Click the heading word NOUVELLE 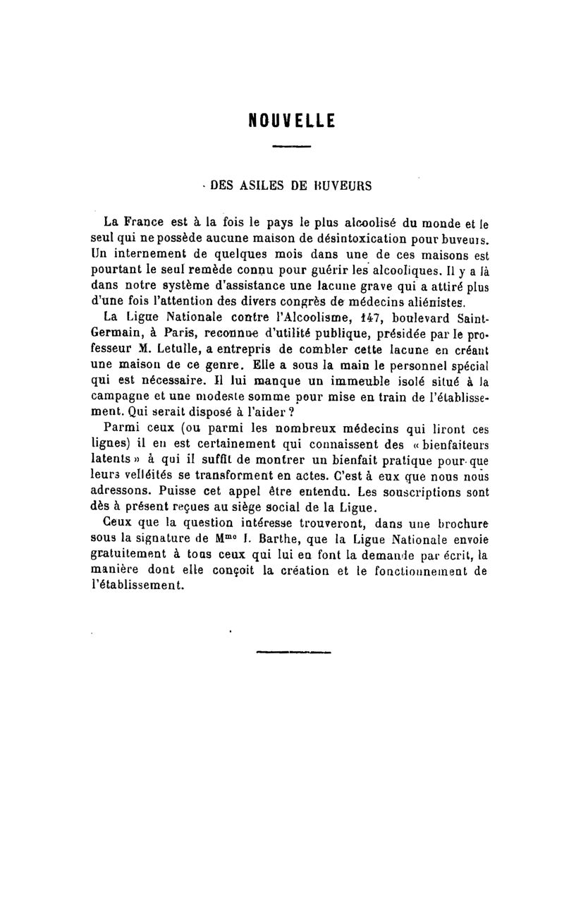click(x=292, y=121)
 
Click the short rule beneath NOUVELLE click(x=291, y=147)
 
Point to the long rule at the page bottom click(x=293, y=651)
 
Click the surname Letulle click(x=176, y=350)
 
